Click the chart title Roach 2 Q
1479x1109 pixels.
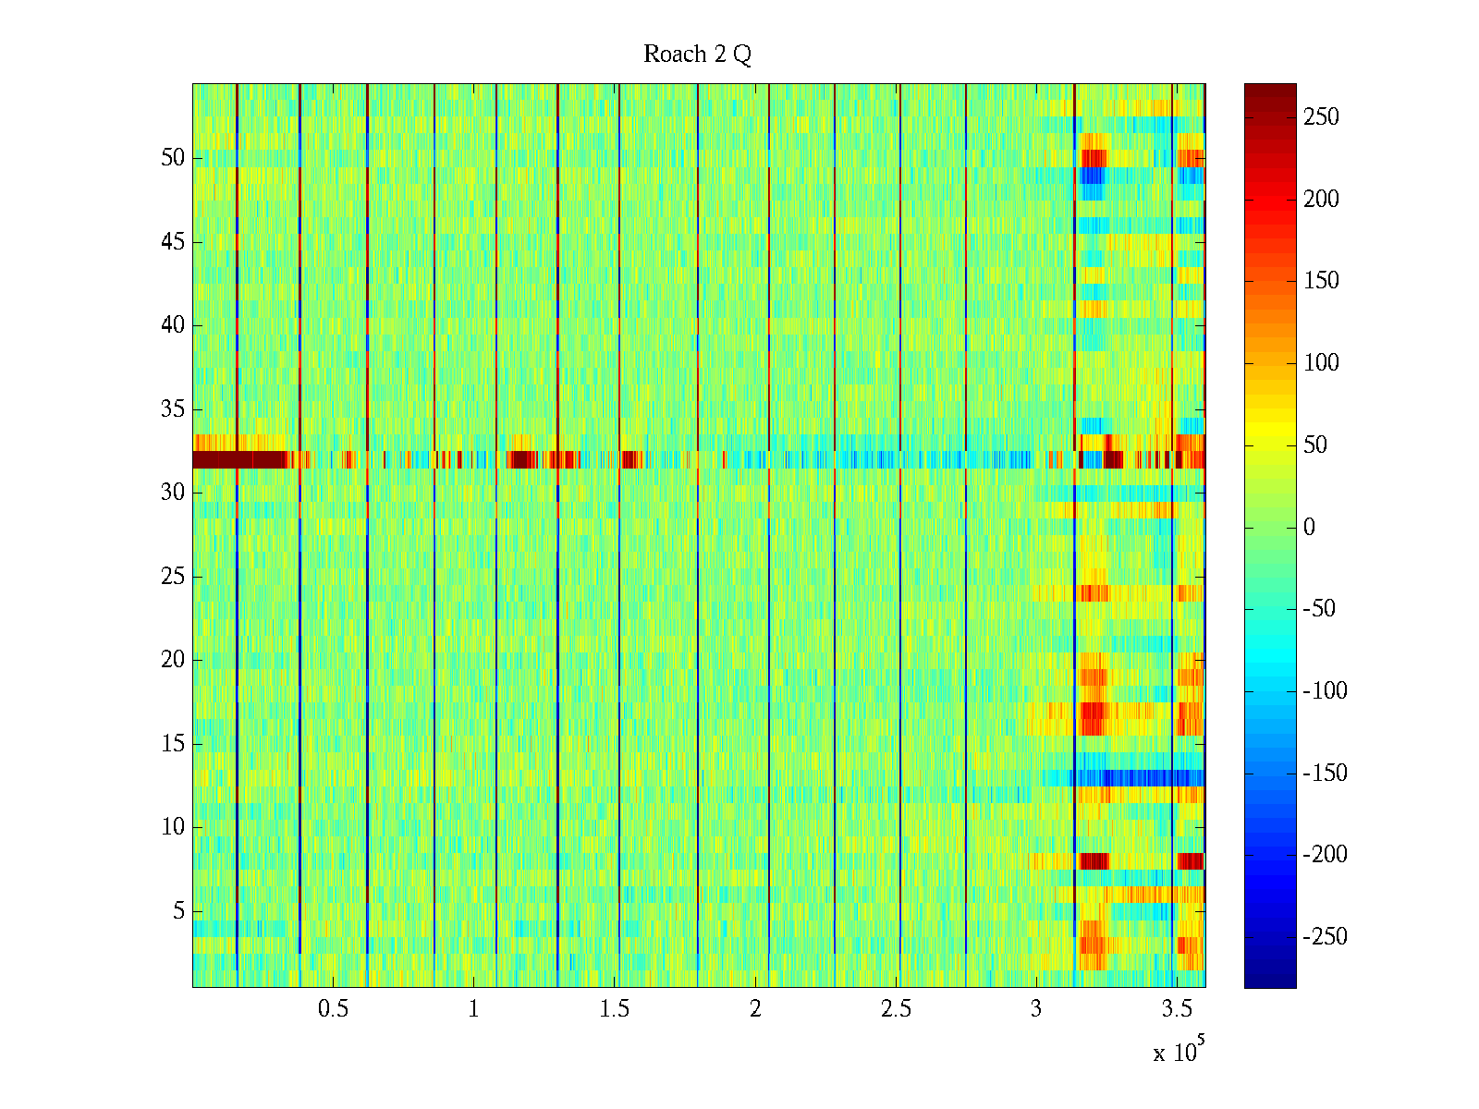[697, 55]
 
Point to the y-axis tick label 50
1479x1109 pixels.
[173, 158]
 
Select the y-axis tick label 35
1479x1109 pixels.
[173, 409]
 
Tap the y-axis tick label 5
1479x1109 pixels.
[178, 911]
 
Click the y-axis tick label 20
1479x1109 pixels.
[173, 660]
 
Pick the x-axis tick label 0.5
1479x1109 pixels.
[333, 1009]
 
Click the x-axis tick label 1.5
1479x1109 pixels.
[614, 1009]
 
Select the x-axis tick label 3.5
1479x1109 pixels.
[1177, 1009]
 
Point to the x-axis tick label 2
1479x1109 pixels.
[755, 1009]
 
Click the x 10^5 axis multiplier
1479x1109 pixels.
[1179, 1052]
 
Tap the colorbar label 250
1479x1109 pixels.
[1321, 117]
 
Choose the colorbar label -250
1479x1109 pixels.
[1325, 937]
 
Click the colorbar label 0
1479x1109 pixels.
[1309, 528]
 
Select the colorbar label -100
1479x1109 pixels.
[1325, 691]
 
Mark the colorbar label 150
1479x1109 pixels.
[1321, 281]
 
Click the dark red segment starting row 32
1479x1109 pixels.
[240, 459]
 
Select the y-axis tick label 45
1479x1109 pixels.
[173, 242]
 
